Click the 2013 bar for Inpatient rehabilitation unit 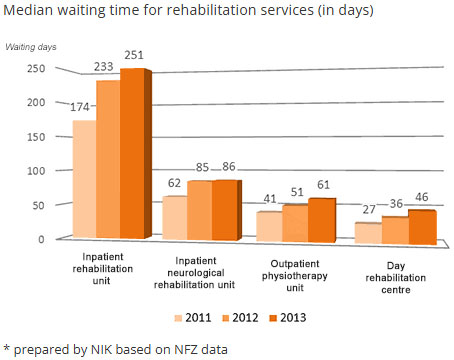(132, 155)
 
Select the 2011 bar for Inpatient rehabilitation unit (83, 180)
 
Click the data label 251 (132, 55)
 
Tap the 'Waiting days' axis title (31, 47)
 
